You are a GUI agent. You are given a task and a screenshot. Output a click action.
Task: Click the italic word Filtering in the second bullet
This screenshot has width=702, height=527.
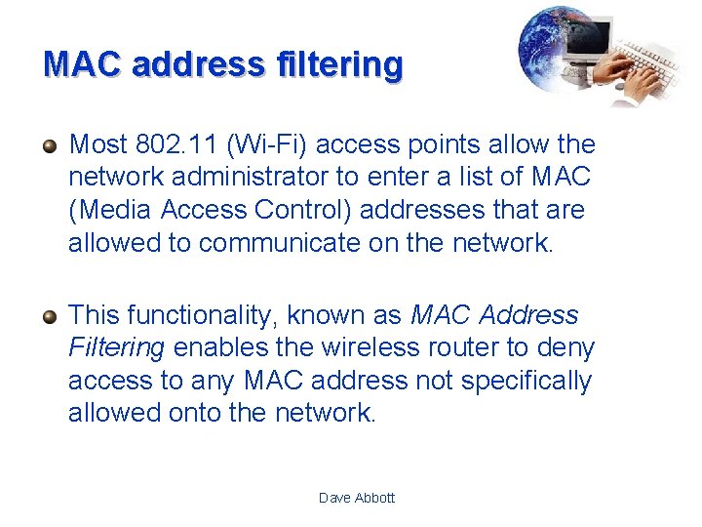116,347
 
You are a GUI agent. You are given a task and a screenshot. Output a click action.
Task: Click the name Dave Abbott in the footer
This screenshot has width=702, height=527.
357,498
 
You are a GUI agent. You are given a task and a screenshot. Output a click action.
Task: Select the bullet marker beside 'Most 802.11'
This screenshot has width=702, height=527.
51,146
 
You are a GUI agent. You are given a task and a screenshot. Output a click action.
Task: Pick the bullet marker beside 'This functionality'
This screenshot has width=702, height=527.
51,316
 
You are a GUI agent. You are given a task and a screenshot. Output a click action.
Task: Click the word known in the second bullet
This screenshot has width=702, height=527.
332,315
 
